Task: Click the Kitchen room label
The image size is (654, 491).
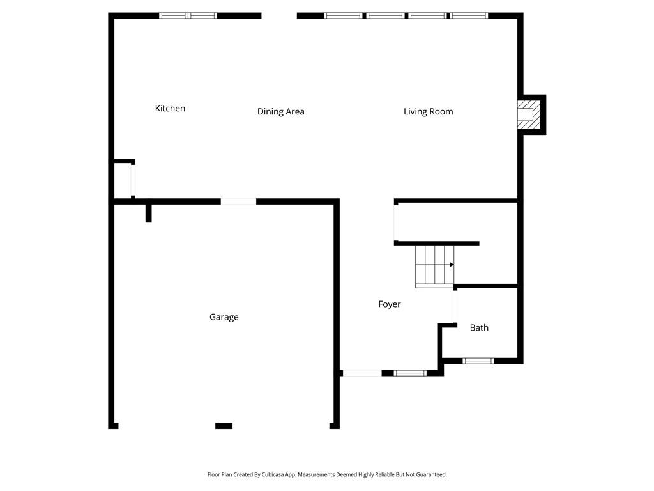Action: [x=170, y=108]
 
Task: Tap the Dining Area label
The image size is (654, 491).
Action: [x=281, y=111]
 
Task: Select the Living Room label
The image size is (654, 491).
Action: [x=429, y=111]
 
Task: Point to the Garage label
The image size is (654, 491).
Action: [x=224, y=317]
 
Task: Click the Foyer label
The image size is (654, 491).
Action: [x=390, y=304]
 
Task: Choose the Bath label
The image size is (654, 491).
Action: [x=479, y=328]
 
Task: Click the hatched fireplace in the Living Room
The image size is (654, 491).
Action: [x=529, y=114]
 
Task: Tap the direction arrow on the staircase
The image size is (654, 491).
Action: [x=452, y=265]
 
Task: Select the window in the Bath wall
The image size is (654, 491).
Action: [x=478, y=361]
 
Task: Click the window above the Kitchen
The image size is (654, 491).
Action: [x=188, y=16]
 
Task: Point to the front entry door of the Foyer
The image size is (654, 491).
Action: [x=362, y=373]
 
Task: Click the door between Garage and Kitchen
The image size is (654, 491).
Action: [x=238, y=201]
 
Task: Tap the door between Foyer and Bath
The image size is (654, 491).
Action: [x=455, y=307]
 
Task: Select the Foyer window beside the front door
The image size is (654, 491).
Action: [x=411, y=373]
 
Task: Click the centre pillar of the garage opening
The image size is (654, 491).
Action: [x=224, y=426]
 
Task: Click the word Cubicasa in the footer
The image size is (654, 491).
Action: [x=273, y=475]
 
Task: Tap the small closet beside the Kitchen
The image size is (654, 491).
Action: [x=123, y=180]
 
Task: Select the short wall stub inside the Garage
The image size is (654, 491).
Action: [x=148, y=213]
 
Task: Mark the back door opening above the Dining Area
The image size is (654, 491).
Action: [x=279, y=16]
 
